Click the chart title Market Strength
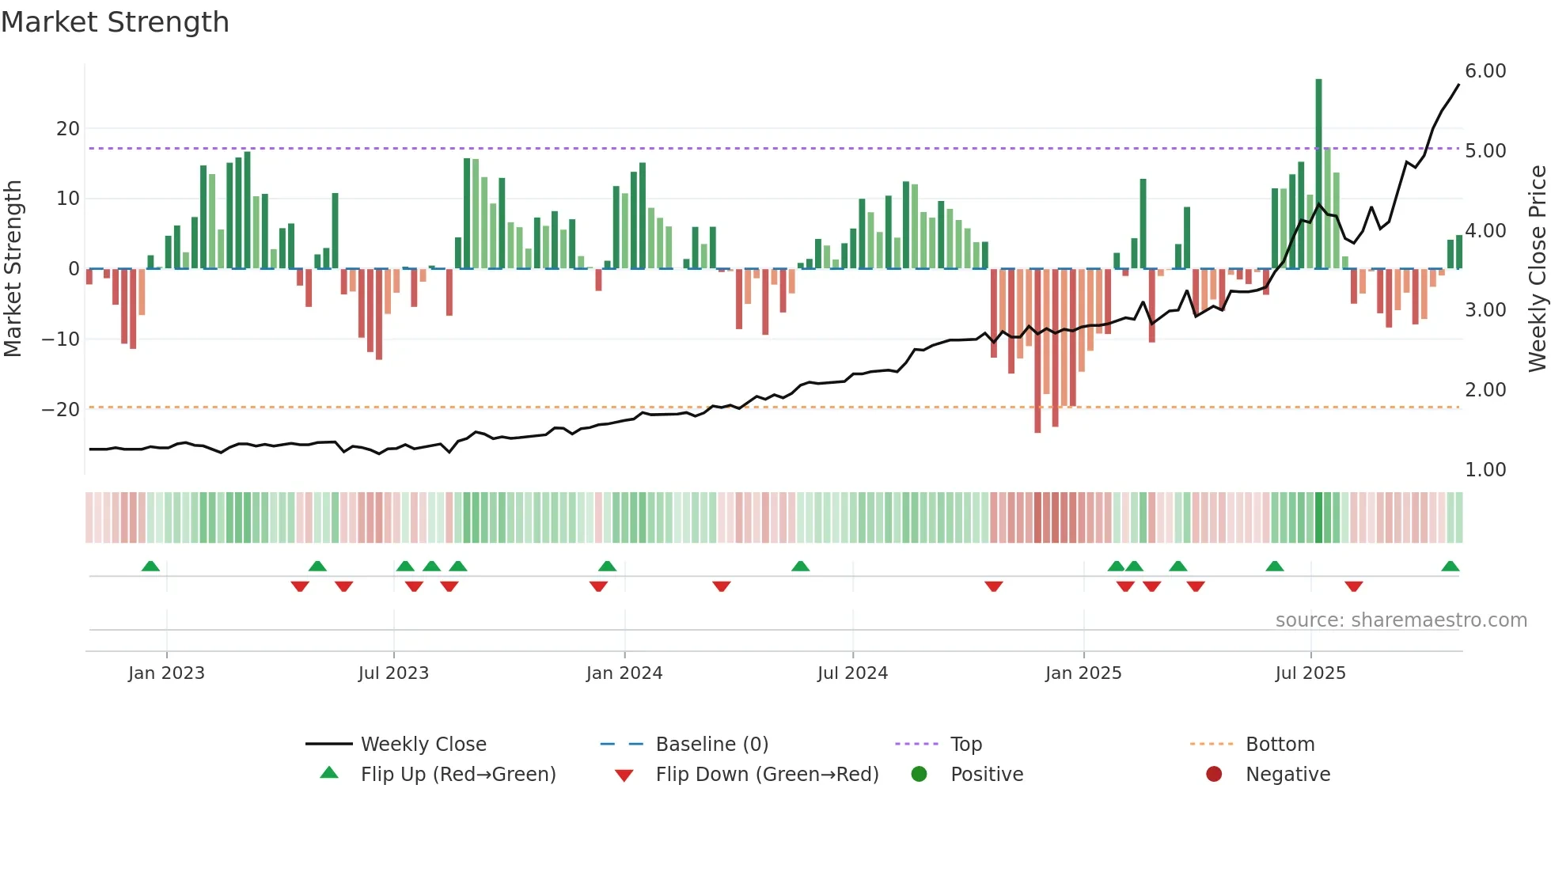click(x=116, y=22)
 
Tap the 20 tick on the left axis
click(x=68, y=128)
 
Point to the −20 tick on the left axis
click(x=61, y=409)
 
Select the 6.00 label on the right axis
click(x=1485, y=71)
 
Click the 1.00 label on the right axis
click(x=1485, y=470)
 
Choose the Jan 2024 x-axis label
click(x=624, y=673)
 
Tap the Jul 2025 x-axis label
click(x=1310, y=673)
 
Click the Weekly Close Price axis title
click(x=1537, y=269)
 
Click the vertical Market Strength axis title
click(x=13, y=269)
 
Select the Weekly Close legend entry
click(x=423, y=745)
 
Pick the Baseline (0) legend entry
click(x=711, y=745)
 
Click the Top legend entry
click(x=965, y=745)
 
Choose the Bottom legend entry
click(x=1280, y=745)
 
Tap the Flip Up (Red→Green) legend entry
click(x=457, y=775)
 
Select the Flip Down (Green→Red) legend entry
click(x=766, y=775)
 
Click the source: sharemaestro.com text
click(x=1401, y=620)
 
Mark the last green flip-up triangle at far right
click(x=1450, y=567)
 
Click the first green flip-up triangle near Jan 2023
click(x=150, y=567)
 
